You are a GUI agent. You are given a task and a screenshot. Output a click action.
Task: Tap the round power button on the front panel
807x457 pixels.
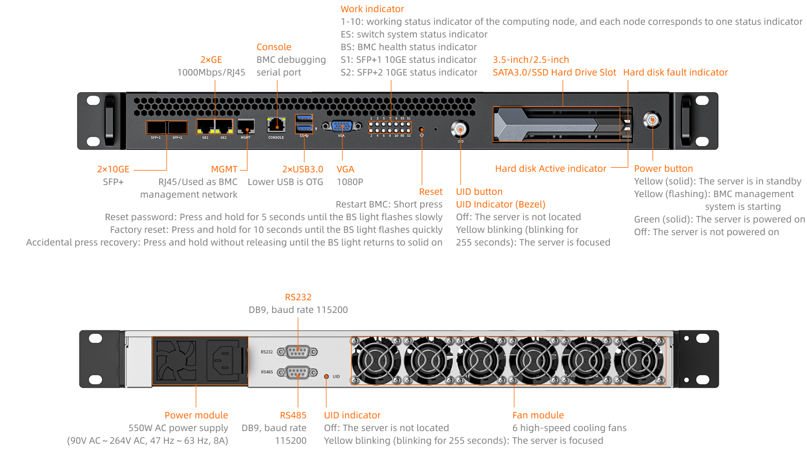pyautogui.click(x=652, y=120)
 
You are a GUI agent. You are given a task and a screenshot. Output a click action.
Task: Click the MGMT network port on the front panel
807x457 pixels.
pyautogui.click(x=246, y=126)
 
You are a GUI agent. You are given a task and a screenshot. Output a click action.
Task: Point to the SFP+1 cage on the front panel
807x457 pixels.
pyautogui.click(x=156, y=127)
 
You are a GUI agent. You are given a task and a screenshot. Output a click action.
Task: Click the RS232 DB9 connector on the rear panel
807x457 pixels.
pyautogui.click(x=297, y=352)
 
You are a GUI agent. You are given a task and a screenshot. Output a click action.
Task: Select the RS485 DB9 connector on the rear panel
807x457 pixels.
pyautogui.click(x=297, y=372)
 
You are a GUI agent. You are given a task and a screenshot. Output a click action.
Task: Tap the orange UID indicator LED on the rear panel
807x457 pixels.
pyautogui.click(x=326, y=376)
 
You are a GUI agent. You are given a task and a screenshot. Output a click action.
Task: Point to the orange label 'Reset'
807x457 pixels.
pyautogui.click(x=431, y=191)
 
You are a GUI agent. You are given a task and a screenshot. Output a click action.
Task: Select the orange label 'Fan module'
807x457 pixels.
pyautogui.click(x=538, y=415)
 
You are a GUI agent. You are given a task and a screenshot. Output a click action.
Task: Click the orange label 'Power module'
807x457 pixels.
pyautogui.click(x=196, y=415)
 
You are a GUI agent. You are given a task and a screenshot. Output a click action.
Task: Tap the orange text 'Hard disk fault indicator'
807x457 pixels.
pyautogui.click(x=675, y=72)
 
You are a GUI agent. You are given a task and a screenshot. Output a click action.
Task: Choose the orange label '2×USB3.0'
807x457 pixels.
pyautogui.click(x=302, y=169)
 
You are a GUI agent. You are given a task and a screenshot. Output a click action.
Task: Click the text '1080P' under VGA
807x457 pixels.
pyautogui.click(x=349, y=182)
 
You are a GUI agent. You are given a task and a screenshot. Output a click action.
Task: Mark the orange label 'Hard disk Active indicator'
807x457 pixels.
pyautogui.click(x=550, y=168)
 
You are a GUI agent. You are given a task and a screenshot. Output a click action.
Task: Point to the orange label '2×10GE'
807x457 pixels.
pyautogui.click(x=113, y=169)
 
